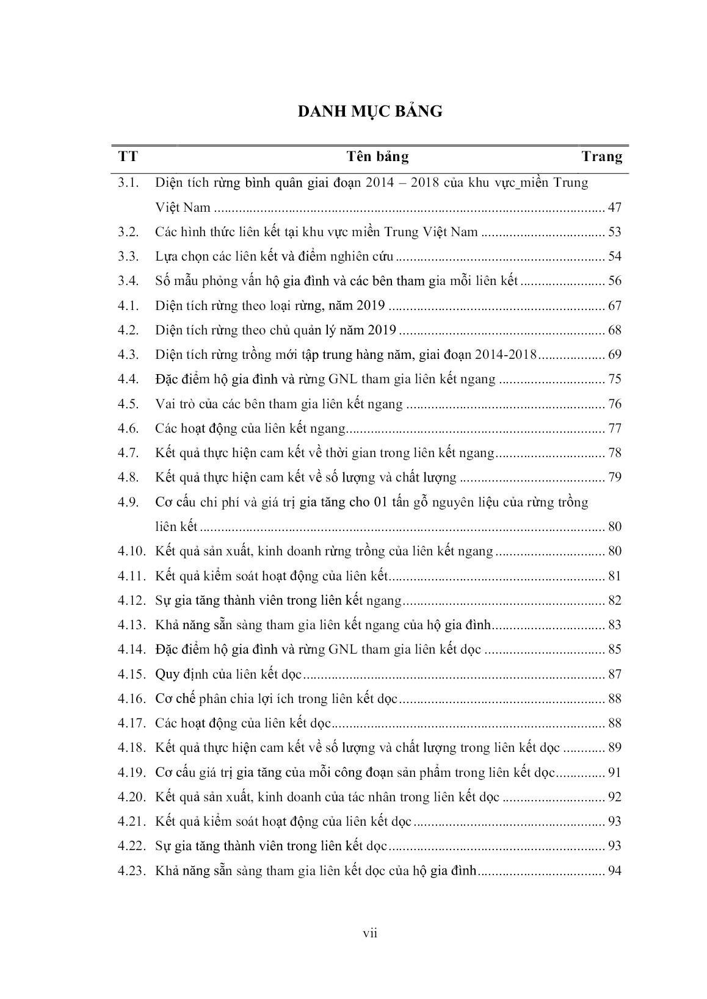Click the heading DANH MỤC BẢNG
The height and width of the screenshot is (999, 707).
click(x=370, y=112)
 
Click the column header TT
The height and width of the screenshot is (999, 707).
click(x=128, y=157)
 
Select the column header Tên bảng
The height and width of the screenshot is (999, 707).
click(x=378, y=157)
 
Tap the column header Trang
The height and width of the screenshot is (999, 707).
click(x=601, y=157)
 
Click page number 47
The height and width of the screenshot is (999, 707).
click(x=614, y=207)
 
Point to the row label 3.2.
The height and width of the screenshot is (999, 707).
click(x=129, y=232)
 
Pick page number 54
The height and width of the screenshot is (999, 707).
click(x=614, y=256)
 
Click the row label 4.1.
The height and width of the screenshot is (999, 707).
click(x=129, y=306)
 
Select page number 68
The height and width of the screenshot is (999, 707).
click(x=614, y=330)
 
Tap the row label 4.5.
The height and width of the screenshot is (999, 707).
click(x=129, y=404)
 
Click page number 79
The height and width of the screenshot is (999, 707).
click(x=614, y=477)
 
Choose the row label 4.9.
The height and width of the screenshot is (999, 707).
click(x=129, y=502)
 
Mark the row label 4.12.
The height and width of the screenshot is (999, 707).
click(x=132, y=600)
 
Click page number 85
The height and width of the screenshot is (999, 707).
click(x=614, y=649)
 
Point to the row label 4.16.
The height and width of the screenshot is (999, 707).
click(x=132, y=699)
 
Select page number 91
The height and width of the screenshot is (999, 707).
click(x=614, y=773)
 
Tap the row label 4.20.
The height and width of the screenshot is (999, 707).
click(x=132, y=797)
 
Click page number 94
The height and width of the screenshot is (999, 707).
click(x=614, y=871)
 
